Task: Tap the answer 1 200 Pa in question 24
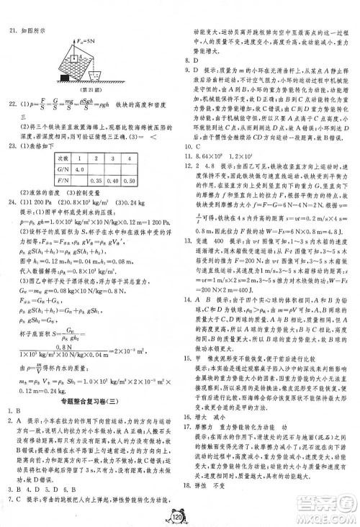(42, 202)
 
